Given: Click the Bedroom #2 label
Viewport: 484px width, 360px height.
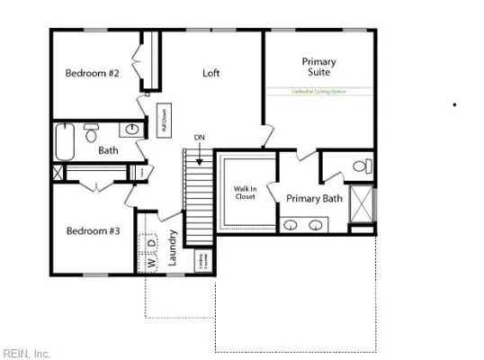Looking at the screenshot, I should click(x=92, y=73).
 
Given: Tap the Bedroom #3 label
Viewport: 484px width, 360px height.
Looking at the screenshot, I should click(x=93, y=230).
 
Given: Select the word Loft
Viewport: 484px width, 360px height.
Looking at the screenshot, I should click(x=211, y=73).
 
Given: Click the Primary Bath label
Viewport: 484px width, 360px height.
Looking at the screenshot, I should click(x=313, y=198).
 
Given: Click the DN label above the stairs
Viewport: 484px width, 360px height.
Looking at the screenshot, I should click(x=199, y=138).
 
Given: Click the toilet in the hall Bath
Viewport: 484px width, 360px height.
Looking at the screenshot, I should click(x=91, y=133).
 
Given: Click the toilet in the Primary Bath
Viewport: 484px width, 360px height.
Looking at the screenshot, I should click(x=360, y=166).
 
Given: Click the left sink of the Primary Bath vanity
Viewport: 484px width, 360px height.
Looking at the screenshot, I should click(x=293, y=221).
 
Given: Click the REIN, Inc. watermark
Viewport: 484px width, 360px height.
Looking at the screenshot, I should click(x=27, y=352).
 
